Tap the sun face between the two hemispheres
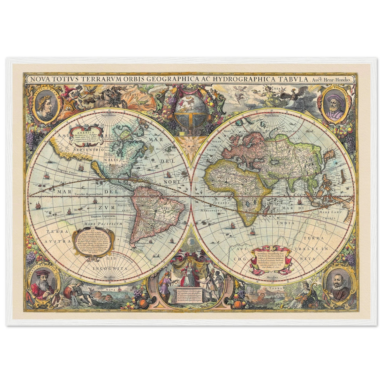coord(191,146)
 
